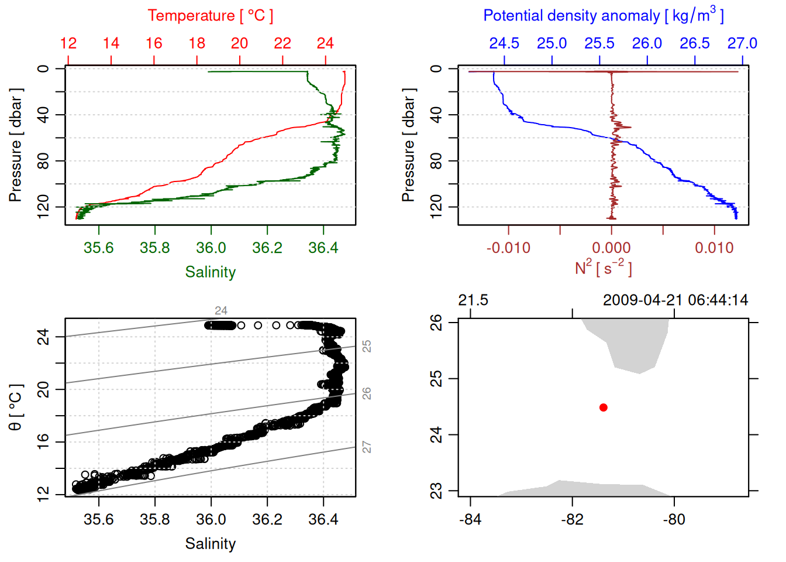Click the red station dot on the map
[x=603, y=407]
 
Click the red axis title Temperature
[x=210, y=16]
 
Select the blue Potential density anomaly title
[x=603, y=16]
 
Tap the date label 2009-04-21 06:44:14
[x=675, y=300]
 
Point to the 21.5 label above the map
[x=473, y=300]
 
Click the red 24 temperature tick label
[x=325, y=43]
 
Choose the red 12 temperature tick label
[x=68, y=43]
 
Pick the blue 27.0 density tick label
[x=742, y=43]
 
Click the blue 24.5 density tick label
[x=504, y=43]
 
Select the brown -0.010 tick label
[x=508, y=248]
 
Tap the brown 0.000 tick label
[x=611, y=248]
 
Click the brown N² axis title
[x=603, y=268]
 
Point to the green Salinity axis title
[x=210, y=272]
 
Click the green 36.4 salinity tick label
[x=323, y=248]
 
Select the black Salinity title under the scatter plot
[x=210, y=544]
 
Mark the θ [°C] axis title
[x=16, y=407]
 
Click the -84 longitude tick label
[x=470, y=519]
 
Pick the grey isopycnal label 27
[x=367, y=447]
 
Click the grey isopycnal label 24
[x=220, y=311]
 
